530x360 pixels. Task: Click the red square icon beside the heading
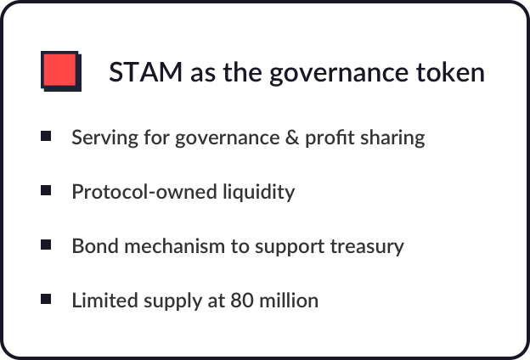pyautogui.click(x=61, y=71)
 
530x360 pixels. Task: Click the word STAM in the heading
pyautogui.click(x=146, y=71)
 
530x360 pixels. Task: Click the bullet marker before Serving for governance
pyautogui.click(x=46, y=136)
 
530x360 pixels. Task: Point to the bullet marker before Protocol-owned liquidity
pyautogui.click(x=46, y=190)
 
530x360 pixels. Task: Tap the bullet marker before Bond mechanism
pyautogui.click(x=46, y=245)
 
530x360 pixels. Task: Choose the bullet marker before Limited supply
pyautogui.click(x=46, y=299)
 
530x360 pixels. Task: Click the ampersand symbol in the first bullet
pyautogui.click(x=292, y=138)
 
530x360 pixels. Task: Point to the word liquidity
pyautogui.click(x=258, y=193)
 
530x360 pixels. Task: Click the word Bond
pyautogui.click(x=95, y=245)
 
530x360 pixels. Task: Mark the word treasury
pyautogui.click(x=367, y=247)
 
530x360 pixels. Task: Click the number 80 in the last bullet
pyautogui.click(x=242, y=301)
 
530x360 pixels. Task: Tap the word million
pyautogui.click(x=289, y=301)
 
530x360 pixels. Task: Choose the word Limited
pyautogui.click(x=104, y=301)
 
